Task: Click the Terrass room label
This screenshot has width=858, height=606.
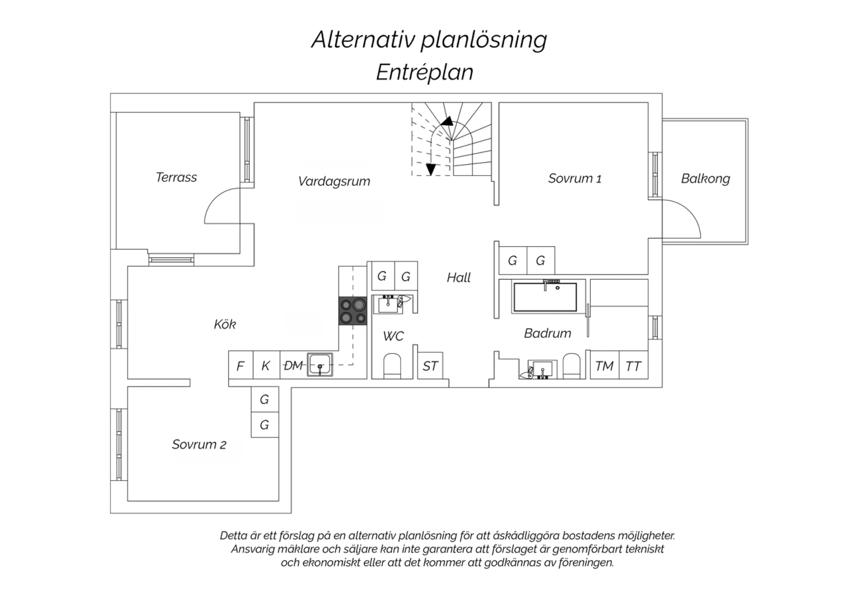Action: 176,177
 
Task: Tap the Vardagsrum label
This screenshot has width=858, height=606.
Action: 334,181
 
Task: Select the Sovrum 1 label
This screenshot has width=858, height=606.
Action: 574,178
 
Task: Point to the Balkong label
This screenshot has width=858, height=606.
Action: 705,178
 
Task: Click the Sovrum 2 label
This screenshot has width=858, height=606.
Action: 199,444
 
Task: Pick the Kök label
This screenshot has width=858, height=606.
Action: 225,324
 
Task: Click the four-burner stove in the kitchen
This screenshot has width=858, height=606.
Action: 352,312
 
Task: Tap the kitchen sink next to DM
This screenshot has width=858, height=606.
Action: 320,364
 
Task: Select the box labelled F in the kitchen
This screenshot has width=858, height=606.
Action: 240,366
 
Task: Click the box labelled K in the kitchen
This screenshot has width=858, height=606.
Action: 265,366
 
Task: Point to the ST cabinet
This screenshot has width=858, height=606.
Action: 430,366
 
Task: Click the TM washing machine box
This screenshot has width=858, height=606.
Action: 604,366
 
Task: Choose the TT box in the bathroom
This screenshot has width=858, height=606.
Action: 633,366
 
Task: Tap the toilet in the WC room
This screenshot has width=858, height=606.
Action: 392,366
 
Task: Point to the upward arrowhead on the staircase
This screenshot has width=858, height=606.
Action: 447,121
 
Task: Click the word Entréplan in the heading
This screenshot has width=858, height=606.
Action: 424,73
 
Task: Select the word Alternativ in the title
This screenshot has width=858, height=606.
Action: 363,39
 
